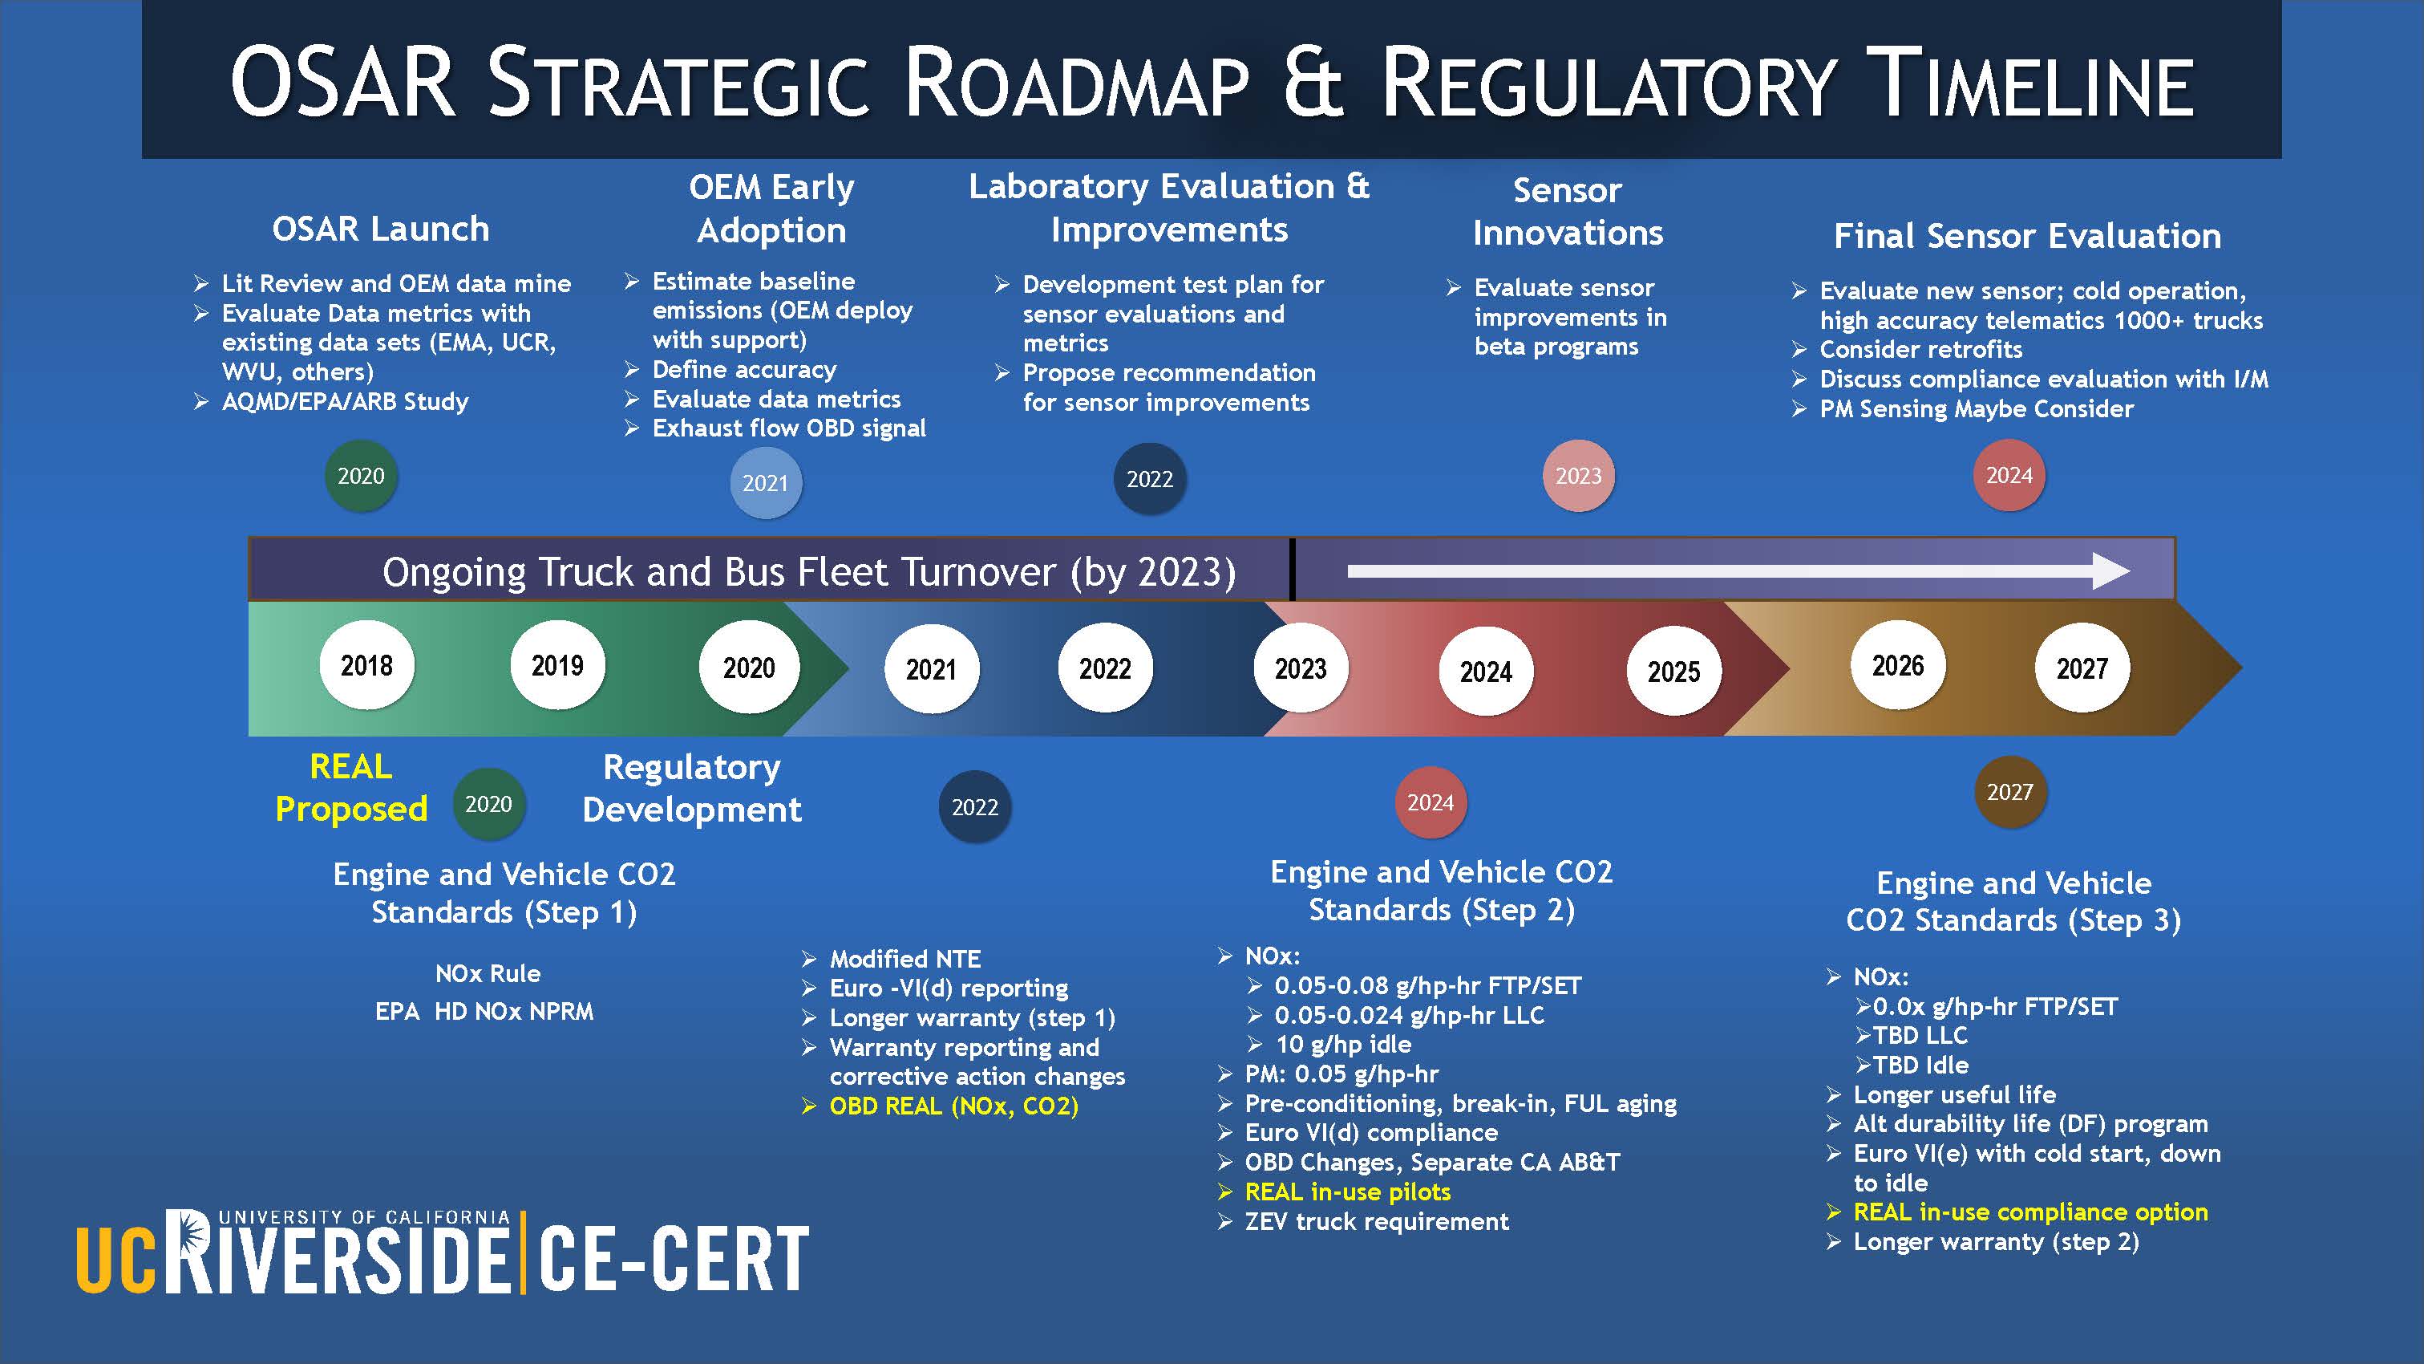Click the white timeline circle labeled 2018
(367, 665)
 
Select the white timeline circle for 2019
(558, 665)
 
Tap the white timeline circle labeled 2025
(1674, 672)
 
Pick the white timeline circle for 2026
(1898, 665)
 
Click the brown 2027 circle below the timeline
(2010, 792)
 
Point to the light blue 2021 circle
(765, 483)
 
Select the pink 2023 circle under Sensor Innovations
(1578, 475)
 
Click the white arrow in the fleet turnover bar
(1738, 570)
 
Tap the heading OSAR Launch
(380, 229)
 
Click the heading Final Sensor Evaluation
(2027, 235)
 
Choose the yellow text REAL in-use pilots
(1347, 1191)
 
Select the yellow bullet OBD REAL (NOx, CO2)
(954, 1106)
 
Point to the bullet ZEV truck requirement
(1377, 1221)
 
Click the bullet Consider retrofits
(1920, 349)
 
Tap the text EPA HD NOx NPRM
(484, 1011)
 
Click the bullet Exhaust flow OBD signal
(788, 428)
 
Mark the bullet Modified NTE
(905, 960)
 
